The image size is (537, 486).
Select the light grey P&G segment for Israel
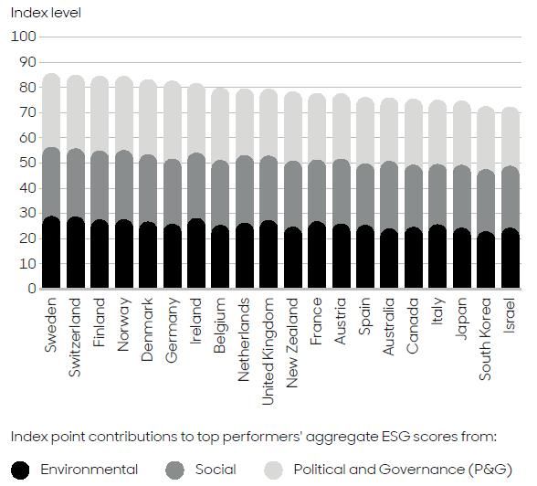click(510, 137)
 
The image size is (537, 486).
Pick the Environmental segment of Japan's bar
click(462, 259)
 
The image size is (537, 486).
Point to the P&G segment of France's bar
click(316, 127)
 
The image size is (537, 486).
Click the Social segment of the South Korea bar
click(486, 202)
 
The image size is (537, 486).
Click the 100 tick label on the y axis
click(24, 37)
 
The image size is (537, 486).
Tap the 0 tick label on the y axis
click(30, 289)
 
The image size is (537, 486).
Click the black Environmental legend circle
click(23, 470)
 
